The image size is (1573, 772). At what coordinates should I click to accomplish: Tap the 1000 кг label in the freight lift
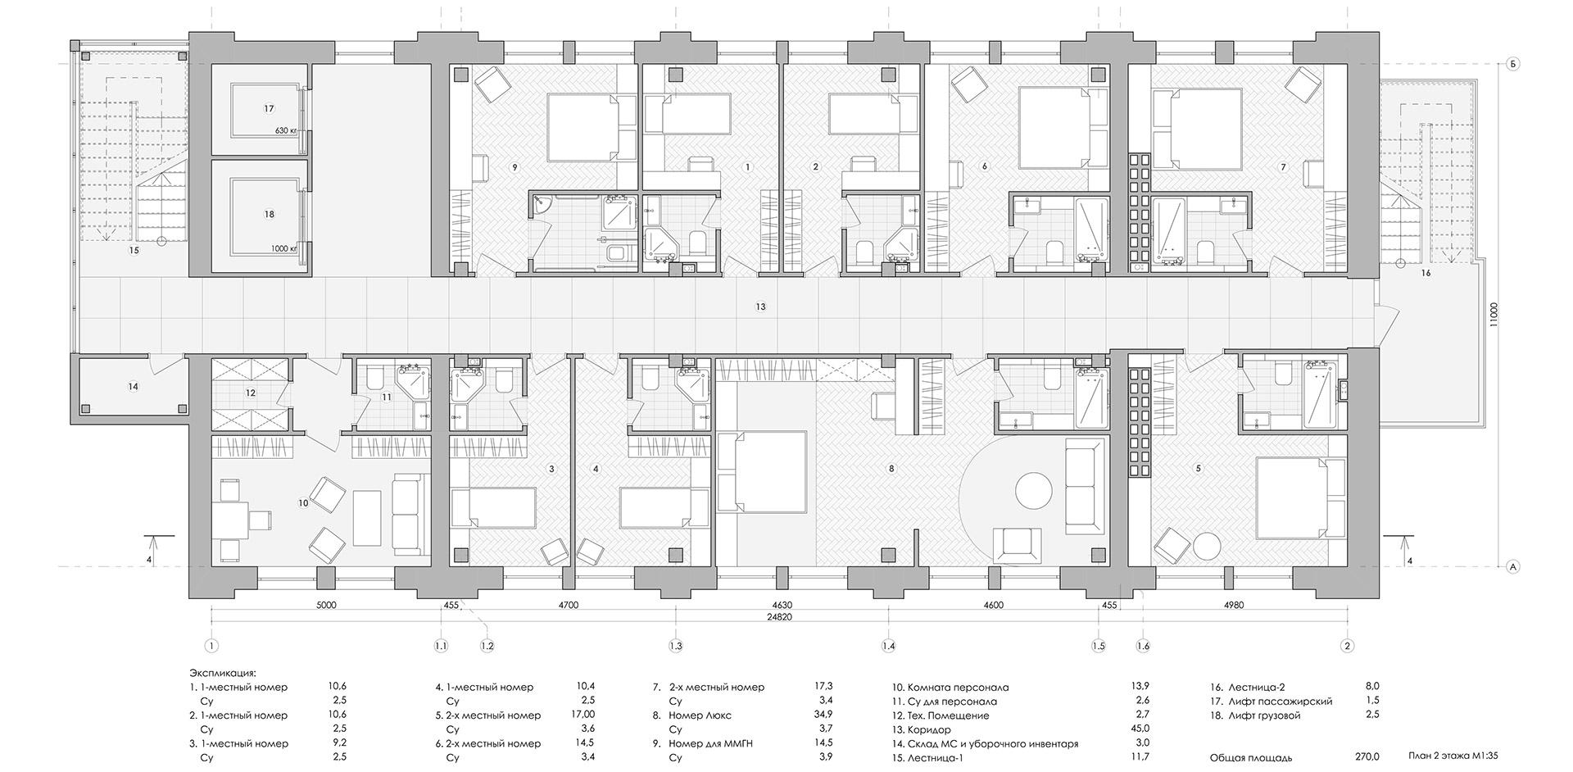pyautogui.click(x=283, y=248)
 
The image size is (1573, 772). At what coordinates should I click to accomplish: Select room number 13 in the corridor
pyautogui.click(x=761, y=307)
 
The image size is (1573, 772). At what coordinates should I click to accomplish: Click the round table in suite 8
pyautogui.click(x=1033, y=491)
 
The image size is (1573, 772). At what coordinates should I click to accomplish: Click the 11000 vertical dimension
pyautogui.click(x=1493, y=315)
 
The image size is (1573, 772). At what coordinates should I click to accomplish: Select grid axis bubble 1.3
pyautogui.click(x=676, y=646)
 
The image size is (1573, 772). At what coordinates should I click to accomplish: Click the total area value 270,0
pyautogui.click(x=1366, y=757)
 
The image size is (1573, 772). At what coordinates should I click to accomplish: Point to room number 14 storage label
pyautogui.click(x=133, y=387)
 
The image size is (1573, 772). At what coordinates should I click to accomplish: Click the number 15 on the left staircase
pyautogui.click(x=134, y=251)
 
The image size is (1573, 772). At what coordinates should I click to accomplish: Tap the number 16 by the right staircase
pyautogui.click(x=1426, y=273)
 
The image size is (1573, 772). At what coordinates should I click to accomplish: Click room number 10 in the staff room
pyautogui.click(x=303, y=502)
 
